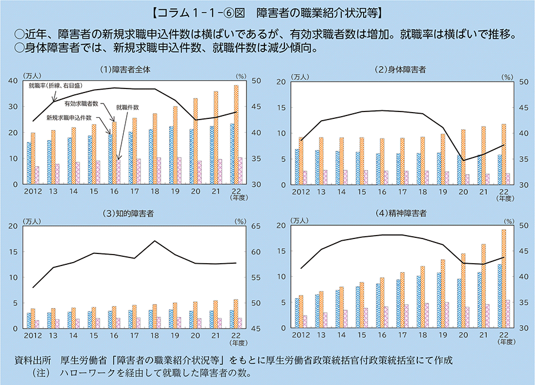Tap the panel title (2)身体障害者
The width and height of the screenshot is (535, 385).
click(400, 70)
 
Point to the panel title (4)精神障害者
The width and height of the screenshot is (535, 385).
click(400, 214)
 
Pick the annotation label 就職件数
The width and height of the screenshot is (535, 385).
click(128, 107)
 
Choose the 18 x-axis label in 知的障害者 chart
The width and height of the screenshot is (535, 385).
click(155, 336)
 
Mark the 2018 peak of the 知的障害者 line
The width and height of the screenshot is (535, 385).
click(154, 241)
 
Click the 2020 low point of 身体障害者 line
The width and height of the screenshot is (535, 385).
click(462, 160)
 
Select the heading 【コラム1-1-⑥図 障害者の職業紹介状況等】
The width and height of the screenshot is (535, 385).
click(267, 11)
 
